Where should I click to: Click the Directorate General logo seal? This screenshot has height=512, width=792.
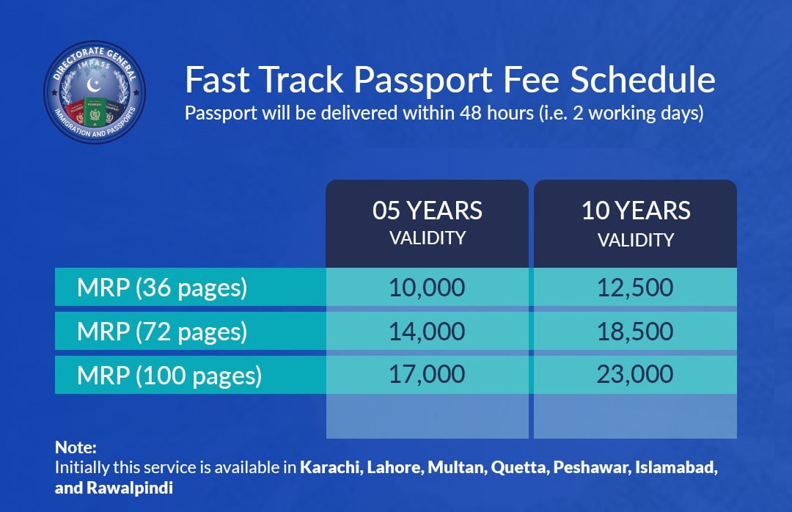pos(95,92)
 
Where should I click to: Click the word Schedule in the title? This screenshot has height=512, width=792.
pos(643,80)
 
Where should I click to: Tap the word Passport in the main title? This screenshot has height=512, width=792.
pos(423,81)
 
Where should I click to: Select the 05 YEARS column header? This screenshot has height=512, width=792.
pos(428,224)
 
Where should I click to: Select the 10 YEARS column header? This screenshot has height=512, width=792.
pos(635,224)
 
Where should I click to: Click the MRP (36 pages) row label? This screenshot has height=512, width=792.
pos(162,288)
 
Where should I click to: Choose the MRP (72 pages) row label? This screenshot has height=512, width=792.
pos(162,332)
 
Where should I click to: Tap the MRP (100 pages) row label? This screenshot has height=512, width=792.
pos(169,376)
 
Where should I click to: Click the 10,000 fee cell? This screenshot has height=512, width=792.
pos(428,287)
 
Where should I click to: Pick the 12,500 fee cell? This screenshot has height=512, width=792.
pos(635,287)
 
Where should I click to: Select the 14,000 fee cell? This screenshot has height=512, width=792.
pos(428,331)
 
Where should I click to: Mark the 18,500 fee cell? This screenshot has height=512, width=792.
pos(635,331)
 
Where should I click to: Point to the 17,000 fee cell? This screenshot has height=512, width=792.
pos(428,375)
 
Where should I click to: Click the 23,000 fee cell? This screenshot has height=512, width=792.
pos(635,375)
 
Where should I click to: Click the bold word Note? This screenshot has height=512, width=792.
pos(76,447)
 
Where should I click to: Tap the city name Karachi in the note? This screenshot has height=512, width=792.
pos(331,467)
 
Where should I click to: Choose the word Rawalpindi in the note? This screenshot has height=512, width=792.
pos(130,488)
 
